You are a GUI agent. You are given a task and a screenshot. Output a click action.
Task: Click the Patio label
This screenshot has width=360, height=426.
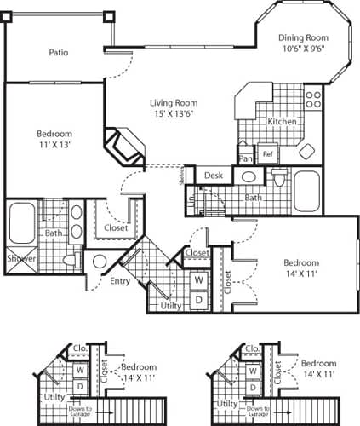(x=59, y=53)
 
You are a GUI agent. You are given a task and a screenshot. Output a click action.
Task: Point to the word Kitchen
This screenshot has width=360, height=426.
(x=282, y=122)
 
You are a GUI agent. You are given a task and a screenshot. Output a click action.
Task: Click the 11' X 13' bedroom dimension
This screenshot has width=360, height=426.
(x=54, y=146)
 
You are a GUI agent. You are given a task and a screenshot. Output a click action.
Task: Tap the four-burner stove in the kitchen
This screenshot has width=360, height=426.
(x=313, y=99)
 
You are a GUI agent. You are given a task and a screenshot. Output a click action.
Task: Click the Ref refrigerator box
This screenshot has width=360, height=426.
(x=267, y=154)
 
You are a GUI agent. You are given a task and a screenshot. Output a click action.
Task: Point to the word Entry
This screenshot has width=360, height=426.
(x=120, y=281)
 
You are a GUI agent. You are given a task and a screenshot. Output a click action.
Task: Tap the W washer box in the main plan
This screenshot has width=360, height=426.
(x=198, y=279)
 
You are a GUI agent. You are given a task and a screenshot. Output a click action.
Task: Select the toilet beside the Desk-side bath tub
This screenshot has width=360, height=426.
(x=277, y=178)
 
